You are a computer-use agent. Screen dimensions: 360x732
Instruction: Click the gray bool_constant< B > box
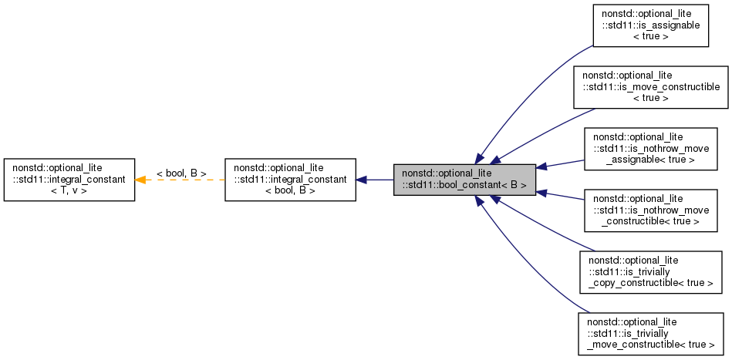pyautogui.click(x=464, y=180)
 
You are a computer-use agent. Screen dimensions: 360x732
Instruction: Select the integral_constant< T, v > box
pyautogui.click(x=69, y=180)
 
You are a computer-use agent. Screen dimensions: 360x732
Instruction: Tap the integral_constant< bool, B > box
pyautogui.click(x=290, y=180)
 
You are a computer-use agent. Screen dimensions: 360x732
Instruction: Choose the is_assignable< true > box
pyautogui.click(x=650, y=25)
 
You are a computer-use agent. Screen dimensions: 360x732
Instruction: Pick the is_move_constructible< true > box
pyautogui.click(x=650, y=86)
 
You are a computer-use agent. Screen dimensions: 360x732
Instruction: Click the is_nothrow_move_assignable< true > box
pyautogui.click(x=650, y=148)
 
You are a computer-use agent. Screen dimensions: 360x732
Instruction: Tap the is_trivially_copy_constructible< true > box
pyautogui.click(x=650, y=271)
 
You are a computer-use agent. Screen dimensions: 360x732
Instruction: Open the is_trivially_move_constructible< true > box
pyautogui.click(x=650, y=333)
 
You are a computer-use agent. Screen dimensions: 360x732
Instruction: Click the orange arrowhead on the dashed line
pyautogui.click(x=140, y=180)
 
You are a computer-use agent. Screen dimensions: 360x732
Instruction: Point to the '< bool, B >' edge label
pyautogui.click(x=181, y=173)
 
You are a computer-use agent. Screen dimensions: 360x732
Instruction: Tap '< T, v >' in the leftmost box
pyautogui.click(x=69, y=190)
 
